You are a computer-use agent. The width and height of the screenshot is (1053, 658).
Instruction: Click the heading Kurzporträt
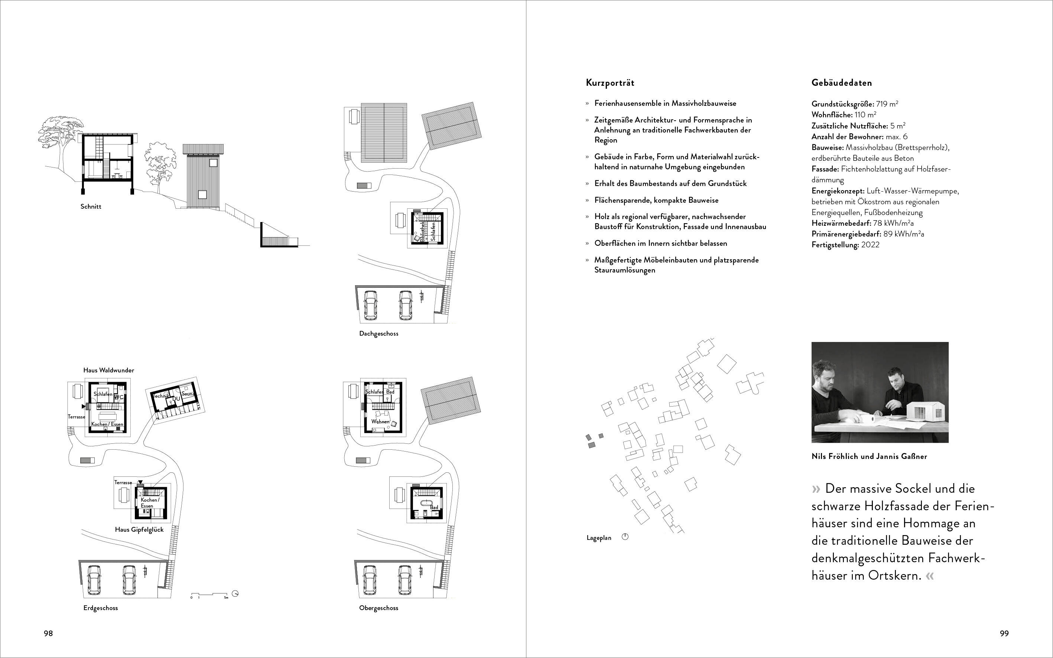pos(610,83)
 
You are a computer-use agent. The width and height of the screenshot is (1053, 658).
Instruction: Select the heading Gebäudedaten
pos(841,83)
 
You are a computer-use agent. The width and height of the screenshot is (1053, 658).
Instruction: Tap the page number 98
pos(48,633)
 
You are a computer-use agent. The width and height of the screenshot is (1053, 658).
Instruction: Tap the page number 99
pos(1004,633)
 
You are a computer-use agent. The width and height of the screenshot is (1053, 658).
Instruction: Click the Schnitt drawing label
pos(91,206)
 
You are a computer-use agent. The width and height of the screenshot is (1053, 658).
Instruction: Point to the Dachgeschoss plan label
pos(379,334)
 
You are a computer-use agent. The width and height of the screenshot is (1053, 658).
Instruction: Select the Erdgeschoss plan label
pos(101,608)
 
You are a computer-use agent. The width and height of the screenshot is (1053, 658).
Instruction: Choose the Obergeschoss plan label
pos(379,608)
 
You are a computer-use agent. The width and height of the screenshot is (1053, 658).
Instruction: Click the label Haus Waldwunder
pos(109,370)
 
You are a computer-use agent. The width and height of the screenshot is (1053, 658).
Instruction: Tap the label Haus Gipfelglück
pos(139,530)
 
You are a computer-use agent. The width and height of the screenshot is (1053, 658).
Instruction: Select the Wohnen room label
pos(380,422)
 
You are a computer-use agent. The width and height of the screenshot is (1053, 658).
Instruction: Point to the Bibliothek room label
pos(422,231)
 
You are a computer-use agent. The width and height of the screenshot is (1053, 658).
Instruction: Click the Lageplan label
pos(599,538)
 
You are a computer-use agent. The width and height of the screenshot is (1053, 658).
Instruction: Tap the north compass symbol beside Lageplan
pos(625,537)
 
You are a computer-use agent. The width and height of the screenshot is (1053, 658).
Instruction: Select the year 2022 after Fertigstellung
pos(870,245)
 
